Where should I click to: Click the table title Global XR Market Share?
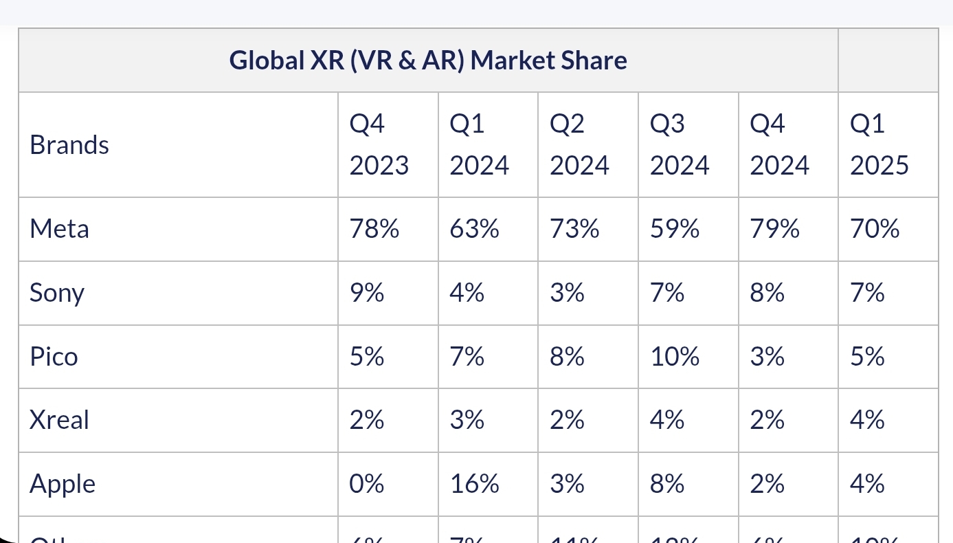tap(428, 60)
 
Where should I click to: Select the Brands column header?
tap(69, 145)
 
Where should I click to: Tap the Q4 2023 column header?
tap(379, 145)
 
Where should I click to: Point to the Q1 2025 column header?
tap(879, 145)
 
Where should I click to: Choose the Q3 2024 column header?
tap(679, 145)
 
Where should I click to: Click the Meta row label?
tap(59, 229)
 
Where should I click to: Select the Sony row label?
tap(57, 293)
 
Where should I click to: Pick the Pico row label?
tap(54, 357)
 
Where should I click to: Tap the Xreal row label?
tap(59, 420)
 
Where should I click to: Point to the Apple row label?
tap(63, 485)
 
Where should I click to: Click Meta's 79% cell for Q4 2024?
tap(774, 229)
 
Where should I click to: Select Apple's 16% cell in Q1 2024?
tap(474, 484)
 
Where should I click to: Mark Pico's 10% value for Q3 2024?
tap(674, 357)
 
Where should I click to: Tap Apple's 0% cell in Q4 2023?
tap(366, 484)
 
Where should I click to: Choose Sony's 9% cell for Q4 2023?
tap(366, 293)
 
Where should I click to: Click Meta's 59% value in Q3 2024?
tap(674, 229)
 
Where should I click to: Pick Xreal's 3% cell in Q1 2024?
tap(467, 420)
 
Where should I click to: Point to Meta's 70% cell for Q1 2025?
tap(875, 229)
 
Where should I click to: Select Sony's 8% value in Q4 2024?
tap(767, 293)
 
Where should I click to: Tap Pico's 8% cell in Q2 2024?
tap(567, 357)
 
